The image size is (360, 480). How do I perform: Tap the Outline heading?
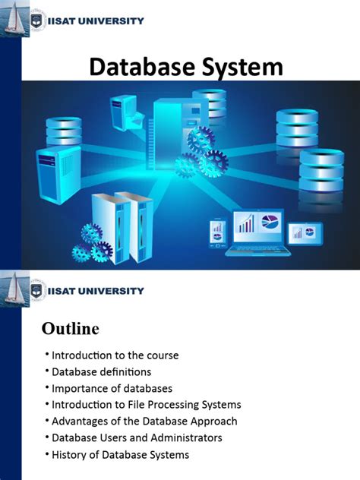(x=70, y=329)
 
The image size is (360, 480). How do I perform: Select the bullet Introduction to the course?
(x=115, y=355)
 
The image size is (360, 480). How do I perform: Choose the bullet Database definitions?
(x=101, y=371)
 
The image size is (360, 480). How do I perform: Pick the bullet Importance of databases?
(x=112, y=388)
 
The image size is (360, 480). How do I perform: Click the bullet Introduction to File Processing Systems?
(x=146, y=405)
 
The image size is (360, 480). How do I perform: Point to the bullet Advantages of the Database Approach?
(x=144, y=422)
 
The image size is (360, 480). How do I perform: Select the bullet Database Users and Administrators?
(x=137, y=438)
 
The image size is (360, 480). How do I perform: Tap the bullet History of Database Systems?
(x=120, y=455)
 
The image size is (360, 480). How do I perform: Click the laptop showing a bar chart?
(x=256, y=229)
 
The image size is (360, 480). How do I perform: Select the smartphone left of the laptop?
(x=217, y=231)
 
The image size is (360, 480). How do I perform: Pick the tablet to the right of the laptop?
(x=306, y=232)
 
